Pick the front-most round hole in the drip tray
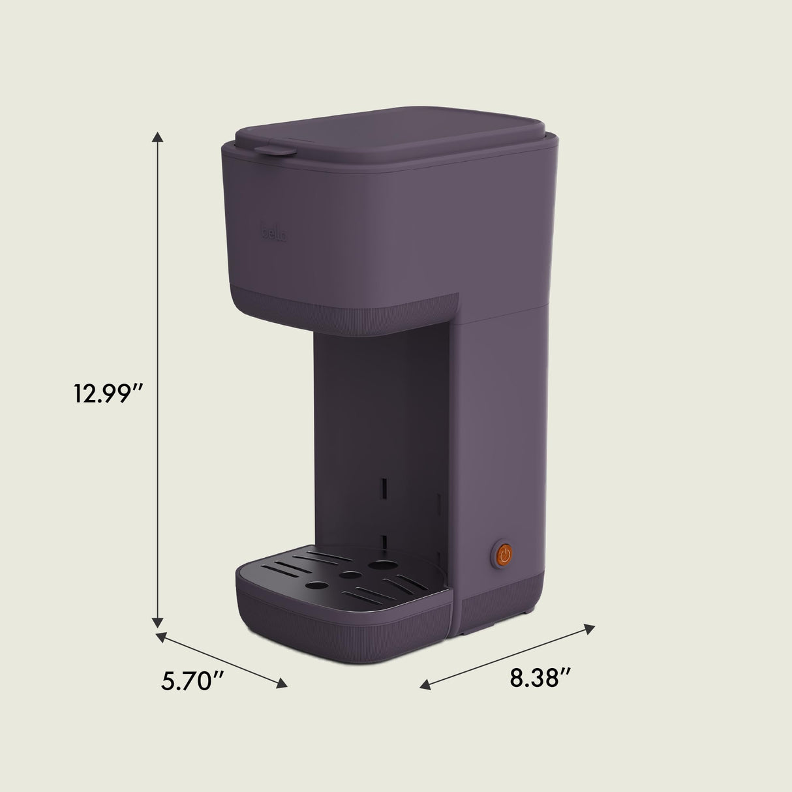click(318, 586)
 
